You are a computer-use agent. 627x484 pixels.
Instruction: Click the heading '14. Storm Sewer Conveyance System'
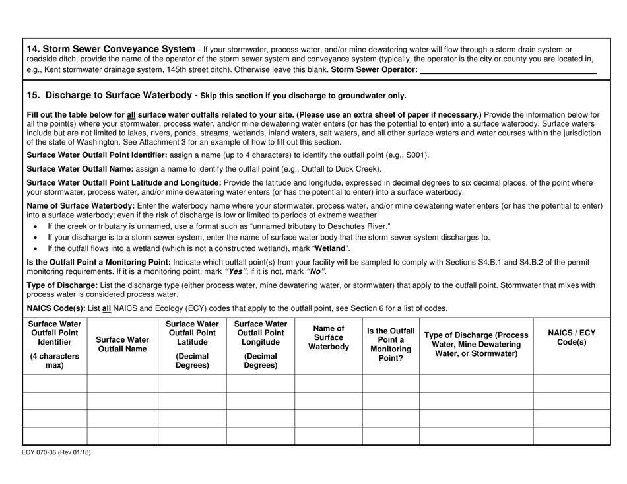tap(110, 49)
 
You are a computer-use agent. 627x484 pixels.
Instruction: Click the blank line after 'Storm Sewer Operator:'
tap(508, 69)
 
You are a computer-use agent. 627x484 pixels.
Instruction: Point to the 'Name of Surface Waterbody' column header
tap(328, 337)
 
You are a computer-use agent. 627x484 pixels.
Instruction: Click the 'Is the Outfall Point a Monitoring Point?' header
tap(391, 345)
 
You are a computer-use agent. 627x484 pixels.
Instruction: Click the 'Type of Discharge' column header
tap(476, 344)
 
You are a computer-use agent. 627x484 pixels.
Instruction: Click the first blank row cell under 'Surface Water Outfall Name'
tap(122, 383)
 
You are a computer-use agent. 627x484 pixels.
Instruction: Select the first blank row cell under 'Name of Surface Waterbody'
tap(328, 383)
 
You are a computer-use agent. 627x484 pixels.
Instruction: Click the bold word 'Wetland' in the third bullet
tap(329, 248)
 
